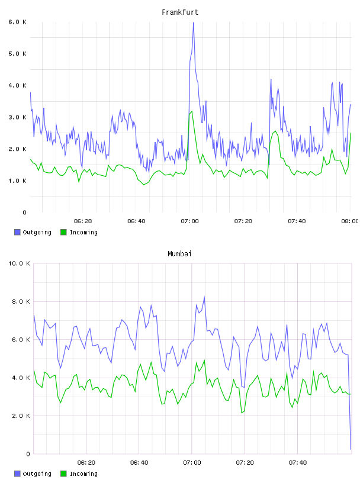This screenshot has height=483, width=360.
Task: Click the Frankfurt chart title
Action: click(180, 12)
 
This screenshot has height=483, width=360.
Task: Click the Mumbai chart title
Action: click(179, 254)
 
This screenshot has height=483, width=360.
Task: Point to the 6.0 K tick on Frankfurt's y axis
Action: click(18, 22)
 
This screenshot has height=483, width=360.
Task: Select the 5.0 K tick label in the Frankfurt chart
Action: click(18, 54)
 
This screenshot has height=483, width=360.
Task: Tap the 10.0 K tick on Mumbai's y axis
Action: click(19, 263)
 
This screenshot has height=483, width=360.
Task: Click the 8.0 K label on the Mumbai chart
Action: click(21, 301)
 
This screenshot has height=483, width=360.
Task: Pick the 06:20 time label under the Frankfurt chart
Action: click(83, 221)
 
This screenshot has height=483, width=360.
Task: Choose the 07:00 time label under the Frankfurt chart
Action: click(190, 221)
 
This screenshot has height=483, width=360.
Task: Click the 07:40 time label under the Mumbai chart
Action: click(298, 462)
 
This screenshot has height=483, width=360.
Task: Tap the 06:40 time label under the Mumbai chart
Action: click(139, 462)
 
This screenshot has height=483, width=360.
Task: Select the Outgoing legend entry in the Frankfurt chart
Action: click(33, 232)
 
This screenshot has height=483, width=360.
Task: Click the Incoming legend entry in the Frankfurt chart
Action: click(79, 232)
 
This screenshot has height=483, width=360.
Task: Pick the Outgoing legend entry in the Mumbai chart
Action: click(33, 474)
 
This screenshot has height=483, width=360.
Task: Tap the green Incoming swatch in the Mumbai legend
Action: click(63, 474)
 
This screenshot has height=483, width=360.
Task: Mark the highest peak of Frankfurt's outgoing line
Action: click(193, 23)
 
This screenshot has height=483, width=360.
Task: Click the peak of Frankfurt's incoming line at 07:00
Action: click(192, 111)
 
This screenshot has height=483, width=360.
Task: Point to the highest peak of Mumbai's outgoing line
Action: click(204, 297)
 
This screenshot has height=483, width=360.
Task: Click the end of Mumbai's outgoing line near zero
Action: click(351, 449)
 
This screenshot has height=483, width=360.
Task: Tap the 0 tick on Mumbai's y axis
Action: click(28, 454)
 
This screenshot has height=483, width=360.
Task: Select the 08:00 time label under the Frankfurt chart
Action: click(349, 221)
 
